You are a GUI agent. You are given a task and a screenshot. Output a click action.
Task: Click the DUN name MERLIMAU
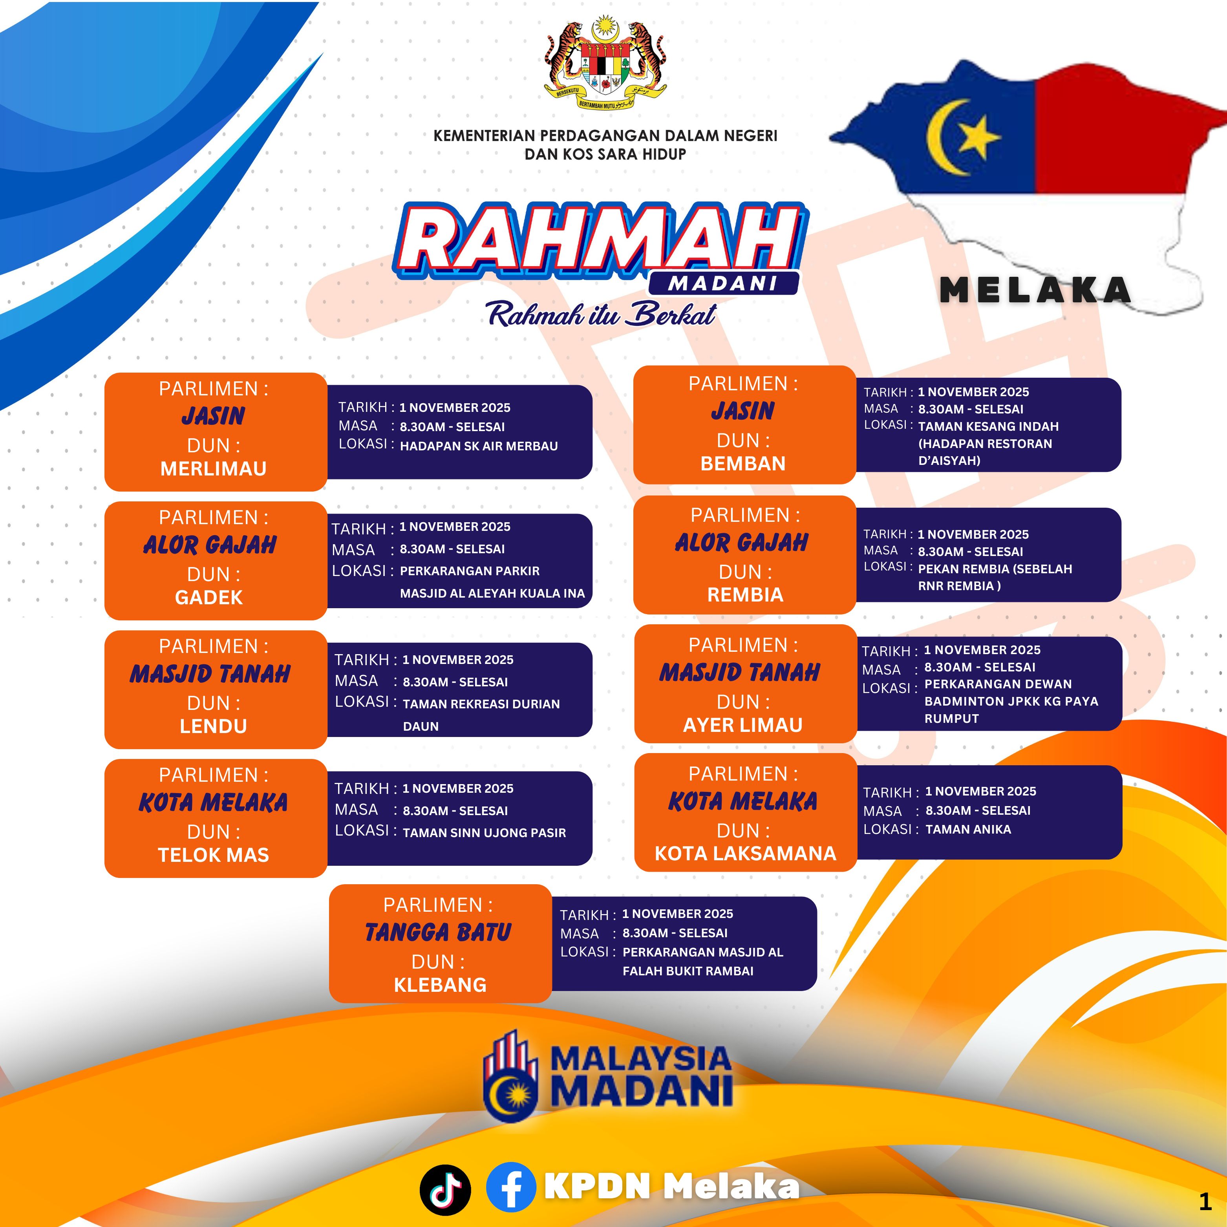pos(213,469)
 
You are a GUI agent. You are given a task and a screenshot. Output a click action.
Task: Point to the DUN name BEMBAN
pos(743,464)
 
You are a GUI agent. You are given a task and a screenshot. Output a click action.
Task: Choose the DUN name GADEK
pos(209,598)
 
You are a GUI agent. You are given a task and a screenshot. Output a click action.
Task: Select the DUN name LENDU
pos(213,726)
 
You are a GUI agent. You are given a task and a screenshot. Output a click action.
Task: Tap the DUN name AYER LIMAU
pos(742,725)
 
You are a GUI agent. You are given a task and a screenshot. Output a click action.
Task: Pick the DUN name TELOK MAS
pos(213,855)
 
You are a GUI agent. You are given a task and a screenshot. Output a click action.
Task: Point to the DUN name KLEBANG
pos(440,985)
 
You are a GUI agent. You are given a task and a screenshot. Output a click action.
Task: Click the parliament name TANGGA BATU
pos(438,932)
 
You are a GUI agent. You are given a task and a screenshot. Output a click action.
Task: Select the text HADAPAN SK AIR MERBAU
pos(479,446)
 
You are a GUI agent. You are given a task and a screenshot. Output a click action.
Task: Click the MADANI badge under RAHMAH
pos(723,283)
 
